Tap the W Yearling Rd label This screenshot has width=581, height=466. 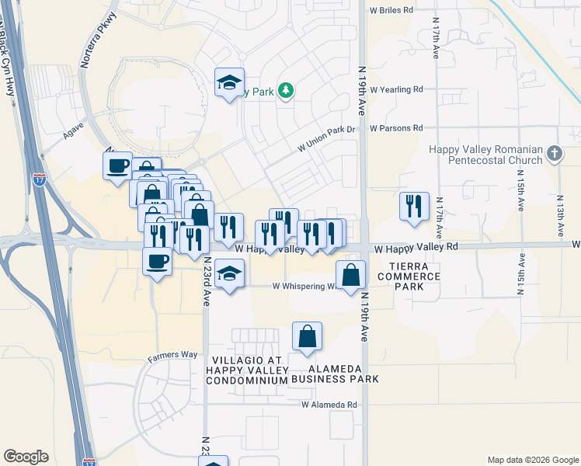click(396, 89)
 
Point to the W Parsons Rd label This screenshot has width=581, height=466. click(396, 128)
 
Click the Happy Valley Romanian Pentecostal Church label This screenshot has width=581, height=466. click(487, 155)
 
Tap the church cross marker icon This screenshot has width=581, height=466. click(554, 153)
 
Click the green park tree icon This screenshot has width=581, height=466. click(286, 92)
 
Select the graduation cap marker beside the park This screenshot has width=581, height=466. click(230, 82)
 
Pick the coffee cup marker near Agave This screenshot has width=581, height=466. click(118, 165)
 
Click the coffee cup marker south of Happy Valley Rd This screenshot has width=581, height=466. click(158, 261)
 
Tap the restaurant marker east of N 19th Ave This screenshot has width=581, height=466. click(414, 207)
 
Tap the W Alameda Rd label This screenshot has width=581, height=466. click(329, 405)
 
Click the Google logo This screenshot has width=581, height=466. click(26, 457)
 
